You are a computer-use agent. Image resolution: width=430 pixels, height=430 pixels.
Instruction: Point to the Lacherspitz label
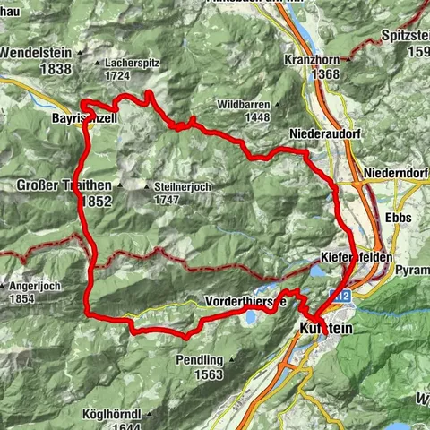133,64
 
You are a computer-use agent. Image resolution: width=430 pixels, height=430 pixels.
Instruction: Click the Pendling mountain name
198,360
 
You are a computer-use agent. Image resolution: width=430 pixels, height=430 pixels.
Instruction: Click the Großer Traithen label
64,185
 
